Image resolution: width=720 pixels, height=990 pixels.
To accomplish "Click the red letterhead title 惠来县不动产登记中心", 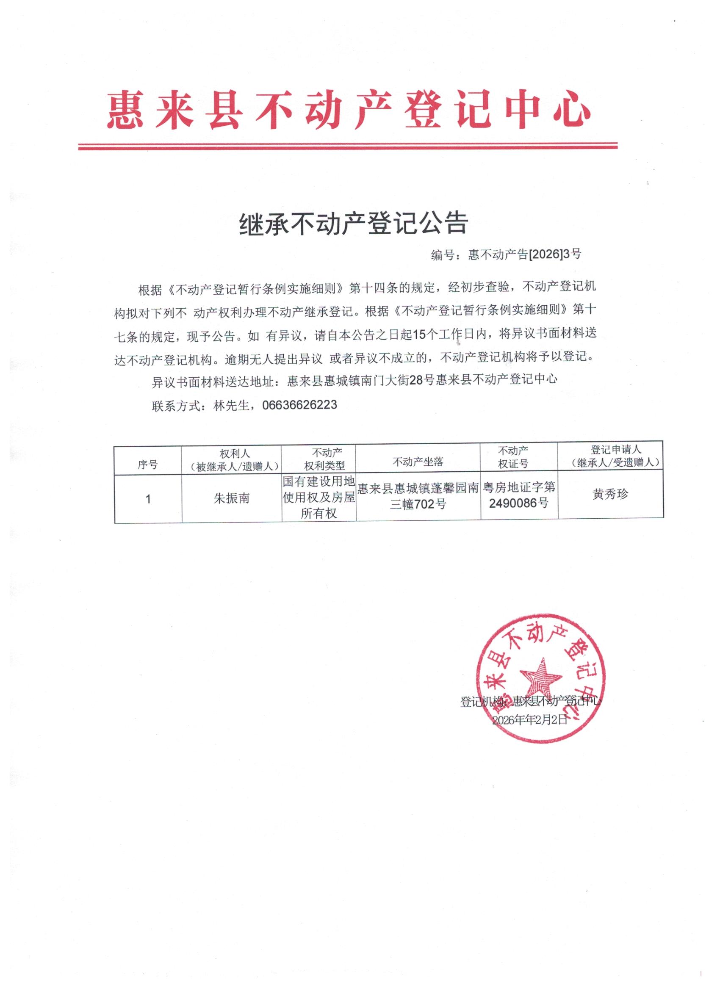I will tap(349, 110).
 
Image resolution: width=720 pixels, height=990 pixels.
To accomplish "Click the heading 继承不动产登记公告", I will tap(354, 224).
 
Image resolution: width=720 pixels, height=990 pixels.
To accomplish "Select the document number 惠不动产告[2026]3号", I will tap(524, 254).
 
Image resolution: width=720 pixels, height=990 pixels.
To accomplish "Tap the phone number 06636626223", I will tap(299, 405).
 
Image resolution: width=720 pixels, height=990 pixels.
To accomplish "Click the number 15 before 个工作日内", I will tap(419, 335).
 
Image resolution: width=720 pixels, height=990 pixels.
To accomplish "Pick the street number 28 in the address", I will tap(417, 380).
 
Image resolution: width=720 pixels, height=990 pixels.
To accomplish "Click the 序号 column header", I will tap(147, 465).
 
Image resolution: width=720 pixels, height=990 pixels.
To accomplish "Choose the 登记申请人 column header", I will tap(616, 456).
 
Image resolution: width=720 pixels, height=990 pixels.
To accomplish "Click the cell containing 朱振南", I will tap(231, 498).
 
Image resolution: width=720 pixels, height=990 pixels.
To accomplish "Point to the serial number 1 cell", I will tap(148, 499).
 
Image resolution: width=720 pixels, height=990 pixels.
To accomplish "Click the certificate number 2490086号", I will tap(519, 503).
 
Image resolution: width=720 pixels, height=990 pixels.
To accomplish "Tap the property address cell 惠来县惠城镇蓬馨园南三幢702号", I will tap(418, 496).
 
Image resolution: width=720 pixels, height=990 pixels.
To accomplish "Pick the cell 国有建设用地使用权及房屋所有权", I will tap(319, 497).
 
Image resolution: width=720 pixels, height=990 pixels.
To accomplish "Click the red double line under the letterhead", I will tap(348, 146).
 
